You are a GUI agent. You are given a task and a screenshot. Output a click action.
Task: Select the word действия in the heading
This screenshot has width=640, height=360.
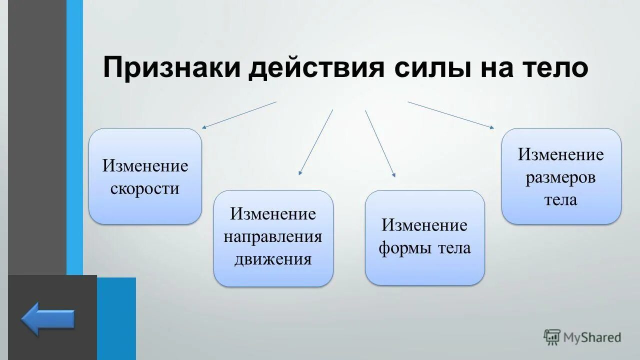(x=316, y=68)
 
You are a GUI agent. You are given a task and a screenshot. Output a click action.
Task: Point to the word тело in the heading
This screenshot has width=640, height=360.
(x=554, y=68)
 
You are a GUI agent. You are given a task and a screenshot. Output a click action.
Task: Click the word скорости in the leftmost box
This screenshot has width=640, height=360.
(x=145, y=189)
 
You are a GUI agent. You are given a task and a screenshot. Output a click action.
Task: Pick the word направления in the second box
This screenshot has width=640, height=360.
(x=273, y=236)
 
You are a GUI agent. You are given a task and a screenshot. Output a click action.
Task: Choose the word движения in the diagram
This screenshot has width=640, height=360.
(x=273, y=259)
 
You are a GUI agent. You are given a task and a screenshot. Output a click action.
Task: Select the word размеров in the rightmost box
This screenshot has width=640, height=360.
(x=560, y=177)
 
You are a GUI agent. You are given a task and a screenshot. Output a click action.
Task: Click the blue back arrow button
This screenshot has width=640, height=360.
(x=48, y=319)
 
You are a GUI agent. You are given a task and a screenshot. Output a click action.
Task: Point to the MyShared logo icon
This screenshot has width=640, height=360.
(x=552, y=337)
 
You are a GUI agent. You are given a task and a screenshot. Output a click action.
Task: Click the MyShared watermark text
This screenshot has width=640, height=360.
(x=592, y=337)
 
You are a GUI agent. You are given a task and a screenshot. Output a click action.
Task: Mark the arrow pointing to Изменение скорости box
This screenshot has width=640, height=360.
(x=239, y=115)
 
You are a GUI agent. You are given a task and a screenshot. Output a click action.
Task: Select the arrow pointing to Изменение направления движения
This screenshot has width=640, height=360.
(x=316, y=142)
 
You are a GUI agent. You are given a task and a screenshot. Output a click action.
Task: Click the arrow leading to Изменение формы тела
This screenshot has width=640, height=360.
(x=380, y=143)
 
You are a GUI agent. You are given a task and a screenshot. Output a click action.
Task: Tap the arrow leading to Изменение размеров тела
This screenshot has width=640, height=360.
(x=450, y=115)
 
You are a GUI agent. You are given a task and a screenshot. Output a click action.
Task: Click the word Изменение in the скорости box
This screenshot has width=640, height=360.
(x=145, y=166)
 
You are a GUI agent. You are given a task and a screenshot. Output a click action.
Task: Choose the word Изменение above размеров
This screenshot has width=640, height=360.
(x=560, y=154)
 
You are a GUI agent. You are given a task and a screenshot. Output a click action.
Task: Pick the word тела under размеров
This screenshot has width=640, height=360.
(x=560, y=200)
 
